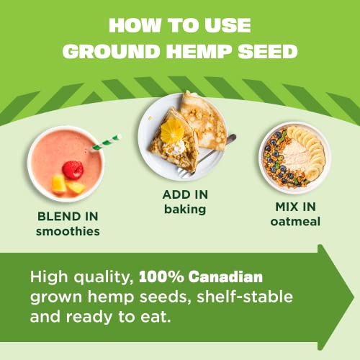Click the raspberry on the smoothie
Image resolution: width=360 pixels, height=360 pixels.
click(x=73, y=169)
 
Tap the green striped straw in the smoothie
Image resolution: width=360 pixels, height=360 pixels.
click(x=105, y=142)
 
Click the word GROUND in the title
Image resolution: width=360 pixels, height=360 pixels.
click(x=112, y=52)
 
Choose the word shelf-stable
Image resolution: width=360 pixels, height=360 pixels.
click(x=246, y=297)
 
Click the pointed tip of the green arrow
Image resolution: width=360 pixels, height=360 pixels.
click(x=353, y=296)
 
